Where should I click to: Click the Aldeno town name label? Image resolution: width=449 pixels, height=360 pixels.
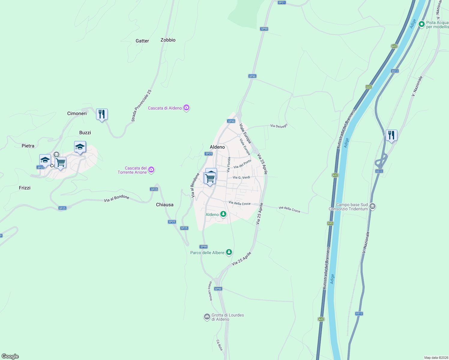(x=217, y=147)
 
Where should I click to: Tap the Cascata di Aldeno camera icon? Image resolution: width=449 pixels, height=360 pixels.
(x=186, y=108)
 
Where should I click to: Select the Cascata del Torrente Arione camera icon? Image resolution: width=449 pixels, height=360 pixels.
(x=151, y=170)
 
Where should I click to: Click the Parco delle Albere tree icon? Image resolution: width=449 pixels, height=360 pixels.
(x=229, y=252)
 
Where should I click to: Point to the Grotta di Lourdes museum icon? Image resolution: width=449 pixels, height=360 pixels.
(x=207, y=317)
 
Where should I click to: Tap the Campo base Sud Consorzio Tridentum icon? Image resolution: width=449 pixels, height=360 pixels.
(x=372, y=206)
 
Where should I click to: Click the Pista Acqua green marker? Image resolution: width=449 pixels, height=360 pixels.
(x=421, y=24)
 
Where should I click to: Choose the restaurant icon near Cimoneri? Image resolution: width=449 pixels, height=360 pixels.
(x=102, y=114)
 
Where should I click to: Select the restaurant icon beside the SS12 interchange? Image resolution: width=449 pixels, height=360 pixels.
(x=391, y=135)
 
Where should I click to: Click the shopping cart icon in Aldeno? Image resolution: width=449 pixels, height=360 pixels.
(x=210, y=178)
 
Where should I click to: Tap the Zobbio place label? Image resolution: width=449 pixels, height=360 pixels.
(x=168, y=40)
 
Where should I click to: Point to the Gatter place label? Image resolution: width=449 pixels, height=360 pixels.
(x=142, y=41)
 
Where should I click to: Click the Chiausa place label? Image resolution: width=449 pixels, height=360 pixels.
(x=165, y=205)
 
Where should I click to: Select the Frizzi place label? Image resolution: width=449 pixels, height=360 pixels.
(x=25, y=188)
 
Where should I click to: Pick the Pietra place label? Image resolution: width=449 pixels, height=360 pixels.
(x=28, y=146)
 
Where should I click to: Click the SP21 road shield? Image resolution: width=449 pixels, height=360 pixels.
(x=282, y=2)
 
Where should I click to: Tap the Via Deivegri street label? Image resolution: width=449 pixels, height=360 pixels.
(x=279, y=126)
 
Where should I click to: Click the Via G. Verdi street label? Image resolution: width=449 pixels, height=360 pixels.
(x=241, y=178)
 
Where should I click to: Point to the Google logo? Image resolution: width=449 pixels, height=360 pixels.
(x=10, y=356)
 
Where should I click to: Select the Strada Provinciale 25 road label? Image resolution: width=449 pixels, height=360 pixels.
(x=141, y=106)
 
